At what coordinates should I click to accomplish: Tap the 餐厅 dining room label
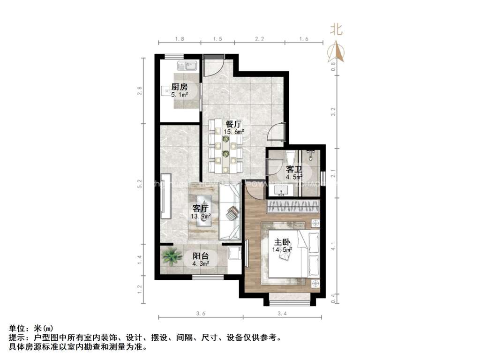(233, 125)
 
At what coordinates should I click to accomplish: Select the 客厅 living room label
(201, 209)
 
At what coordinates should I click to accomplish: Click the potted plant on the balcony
(172, 257)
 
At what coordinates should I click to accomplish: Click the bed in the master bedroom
(291, 255)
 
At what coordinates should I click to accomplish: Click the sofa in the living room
(230, 211)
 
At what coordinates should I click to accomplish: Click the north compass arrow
(337, 52)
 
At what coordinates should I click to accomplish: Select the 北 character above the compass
(337, 30)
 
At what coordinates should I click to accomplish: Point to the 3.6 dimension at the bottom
(201, 313)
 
